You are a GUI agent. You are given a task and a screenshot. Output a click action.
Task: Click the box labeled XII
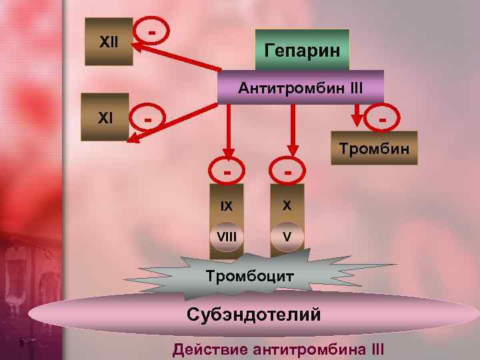[108, 41]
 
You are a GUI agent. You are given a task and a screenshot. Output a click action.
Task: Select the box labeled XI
[105, 117]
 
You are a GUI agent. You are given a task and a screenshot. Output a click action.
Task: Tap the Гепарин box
[302, 50]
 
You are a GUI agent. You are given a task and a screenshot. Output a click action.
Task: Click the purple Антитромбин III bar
[301, 87]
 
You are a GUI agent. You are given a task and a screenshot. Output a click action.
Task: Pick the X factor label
[287, 205]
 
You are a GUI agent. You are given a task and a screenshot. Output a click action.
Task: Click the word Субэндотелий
[254, 313]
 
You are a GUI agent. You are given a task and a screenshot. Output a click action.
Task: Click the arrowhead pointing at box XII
[138, 46]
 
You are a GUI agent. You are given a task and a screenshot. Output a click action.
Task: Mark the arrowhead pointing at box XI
[134, 141]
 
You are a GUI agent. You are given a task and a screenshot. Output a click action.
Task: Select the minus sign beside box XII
[153, 31]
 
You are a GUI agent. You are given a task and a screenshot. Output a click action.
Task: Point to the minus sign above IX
[228, 172]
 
